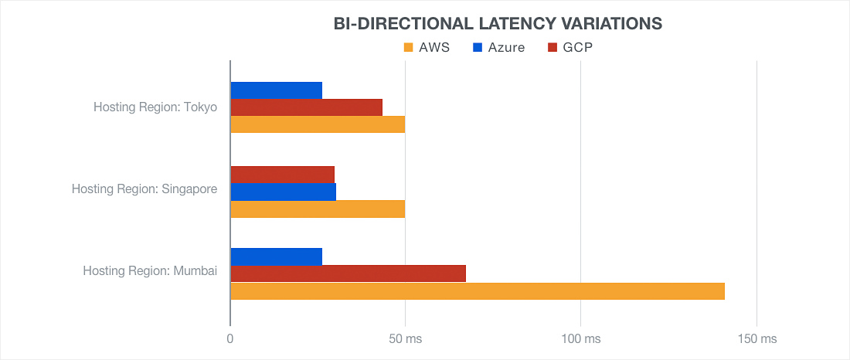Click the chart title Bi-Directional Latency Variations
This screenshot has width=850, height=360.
coord(498,23)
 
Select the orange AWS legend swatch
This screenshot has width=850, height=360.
coord(409,48)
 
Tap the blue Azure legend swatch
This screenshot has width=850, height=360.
coord(479,48)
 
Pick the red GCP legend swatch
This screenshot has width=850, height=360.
coord(552,48)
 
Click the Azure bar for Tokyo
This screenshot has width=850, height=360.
coord(276,90)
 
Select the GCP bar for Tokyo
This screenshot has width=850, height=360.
coord(306,107)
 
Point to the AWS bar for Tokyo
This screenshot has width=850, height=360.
coord(318,124)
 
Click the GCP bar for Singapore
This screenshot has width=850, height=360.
coord(282,175)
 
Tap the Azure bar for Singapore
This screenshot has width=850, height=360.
coord(283,192)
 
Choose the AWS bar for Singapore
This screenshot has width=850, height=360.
coord(318,209)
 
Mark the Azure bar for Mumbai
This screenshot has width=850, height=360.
coord(276,256)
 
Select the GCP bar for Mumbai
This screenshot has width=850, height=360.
coord(348,273)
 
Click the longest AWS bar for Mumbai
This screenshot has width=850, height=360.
coord(478,291)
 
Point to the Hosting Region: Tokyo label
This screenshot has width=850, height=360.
coord(155,107)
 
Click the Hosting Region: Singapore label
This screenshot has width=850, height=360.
coord(144,188)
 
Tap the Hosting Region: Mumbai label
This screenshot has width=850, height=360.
coord(150,270)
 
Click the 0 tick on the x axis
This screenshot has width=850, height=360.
coord(230,339)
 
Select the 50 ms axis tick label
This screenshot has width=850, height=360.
coord(405,339)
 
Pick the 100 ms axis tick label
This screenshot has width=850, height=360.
coord(580,339)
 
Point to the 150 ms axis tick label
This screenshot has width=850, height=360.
coord(756,339)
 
